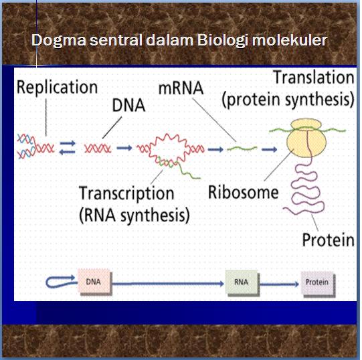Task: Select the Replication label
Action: (x=58, y=88)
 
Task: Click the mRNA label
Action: (x=181, y=88)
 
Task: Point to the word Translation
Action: (x=314, y=78)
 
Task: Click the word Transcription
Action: (x=126, y=193)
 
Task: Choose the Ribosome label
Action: (x=244, y=192)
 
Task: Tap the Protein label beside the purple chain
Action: (x=329, y=240)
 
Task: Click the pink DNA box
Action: (x=94, y=282)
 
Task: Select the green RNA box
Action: (x=242, y=282)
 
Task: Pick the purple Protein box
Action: (x=318, y=282)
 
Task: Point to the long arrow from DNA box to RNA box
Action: (x=168, y=283)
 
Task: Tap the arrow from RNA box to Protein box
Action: (x=279, y=284)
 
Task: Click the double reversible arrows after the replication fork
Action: (x=68, y=147)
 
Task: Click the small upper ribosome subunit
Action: (x=306, y=124)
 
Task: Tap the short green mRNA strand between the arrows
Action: (x=242, y=149)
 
